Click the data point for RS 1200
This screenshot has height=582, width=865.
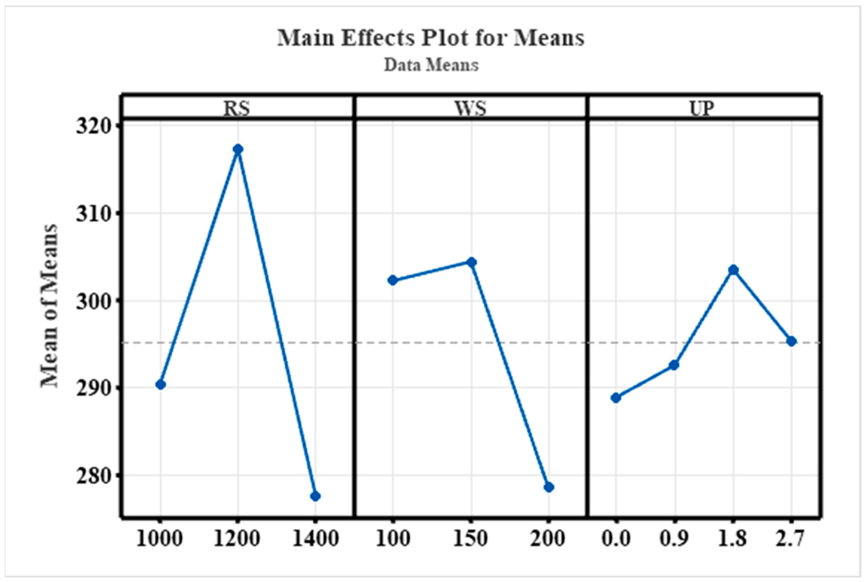coord(238,149)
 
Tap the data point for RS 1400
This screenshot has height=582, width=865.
coord(315,496)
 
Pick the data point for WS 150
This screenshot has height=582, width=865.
coord(471,262)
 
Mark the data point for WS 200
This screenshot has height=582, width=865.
coord(549,487)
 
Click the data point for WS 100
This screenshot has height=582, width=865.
coord(392,280)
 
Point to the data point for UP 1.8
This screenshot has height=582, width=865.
coord(733,270)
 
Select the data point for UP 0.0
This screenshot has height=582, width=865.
coord(616,398)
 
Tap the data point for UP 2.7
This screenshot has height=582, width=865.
coord(791,341)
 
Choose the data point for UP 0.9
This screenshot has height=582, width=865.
coord(674,365)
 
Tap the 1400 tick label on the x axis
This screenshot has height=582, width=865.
coord(315,539)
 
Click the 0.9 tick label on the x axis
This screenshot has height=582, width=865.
coord(674,539)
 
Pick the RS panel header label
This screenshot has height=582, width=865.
coord(237,108)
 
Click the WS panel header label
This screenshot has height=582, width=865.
coord(470,108)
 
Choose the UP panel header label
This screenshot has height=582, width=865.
coord(702,108)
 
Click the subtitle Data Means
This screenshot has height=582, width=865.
coord(431,65)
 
